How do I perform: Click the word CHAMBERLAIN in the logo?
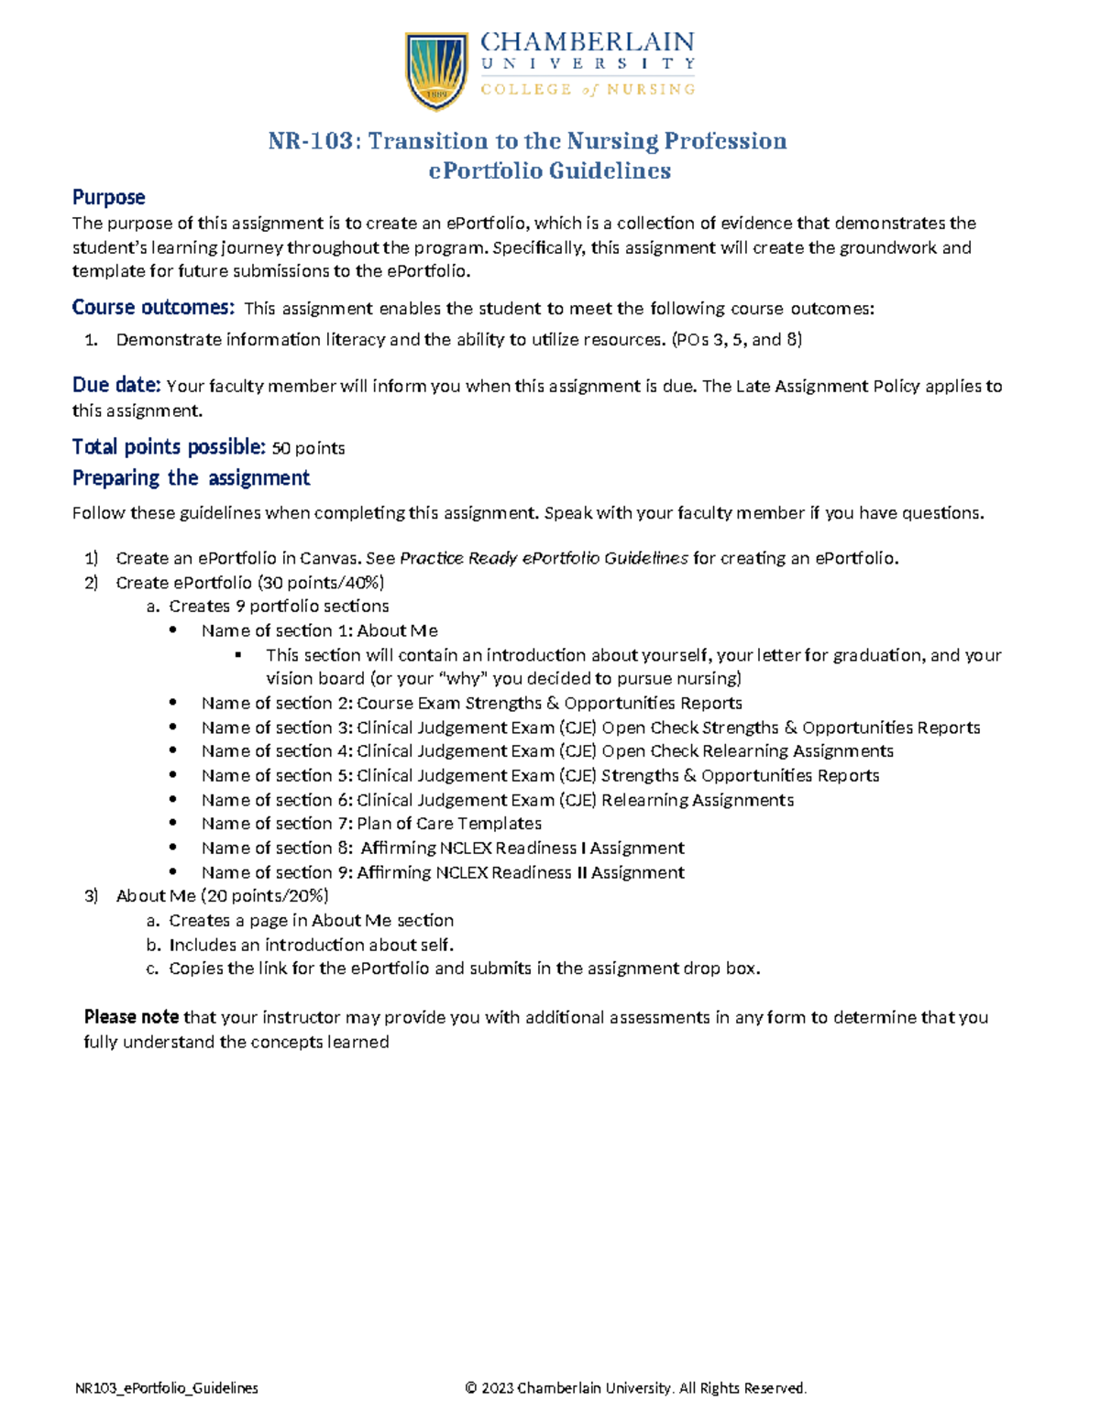click(x=588, y=42)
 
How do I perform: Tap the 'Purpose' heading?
click(x=108, y=197)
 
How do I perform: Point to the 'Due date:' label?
click(x=116, y=385)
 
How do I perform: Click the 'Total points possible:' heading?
click(x=169, y=447)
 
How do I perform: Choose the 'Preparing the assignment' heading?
click(x=191, y=478)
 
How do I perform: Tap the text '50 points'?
click(x=309, y=448)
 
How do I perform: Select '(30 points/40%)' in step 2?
click(x=321, y=583)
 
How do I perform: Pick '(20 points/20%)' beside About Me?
click(x=265, y=896)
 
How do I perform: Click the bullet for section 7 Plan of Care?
click(x=173, y=824)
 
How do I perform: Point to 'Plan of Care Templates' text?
click(x=449, y=824)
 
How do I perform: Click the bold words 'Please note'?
click(x=131, y=1017)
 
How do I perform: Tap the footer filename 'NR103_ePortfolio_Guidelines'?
click(x=166, y=1388)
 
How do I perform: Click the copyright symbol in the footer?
click(x=471, y=1388)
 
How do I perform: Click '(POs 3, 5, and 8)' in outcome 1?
click(x=737, y=340)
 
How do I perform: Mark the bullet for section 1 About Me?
click(x=173, y=630)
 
